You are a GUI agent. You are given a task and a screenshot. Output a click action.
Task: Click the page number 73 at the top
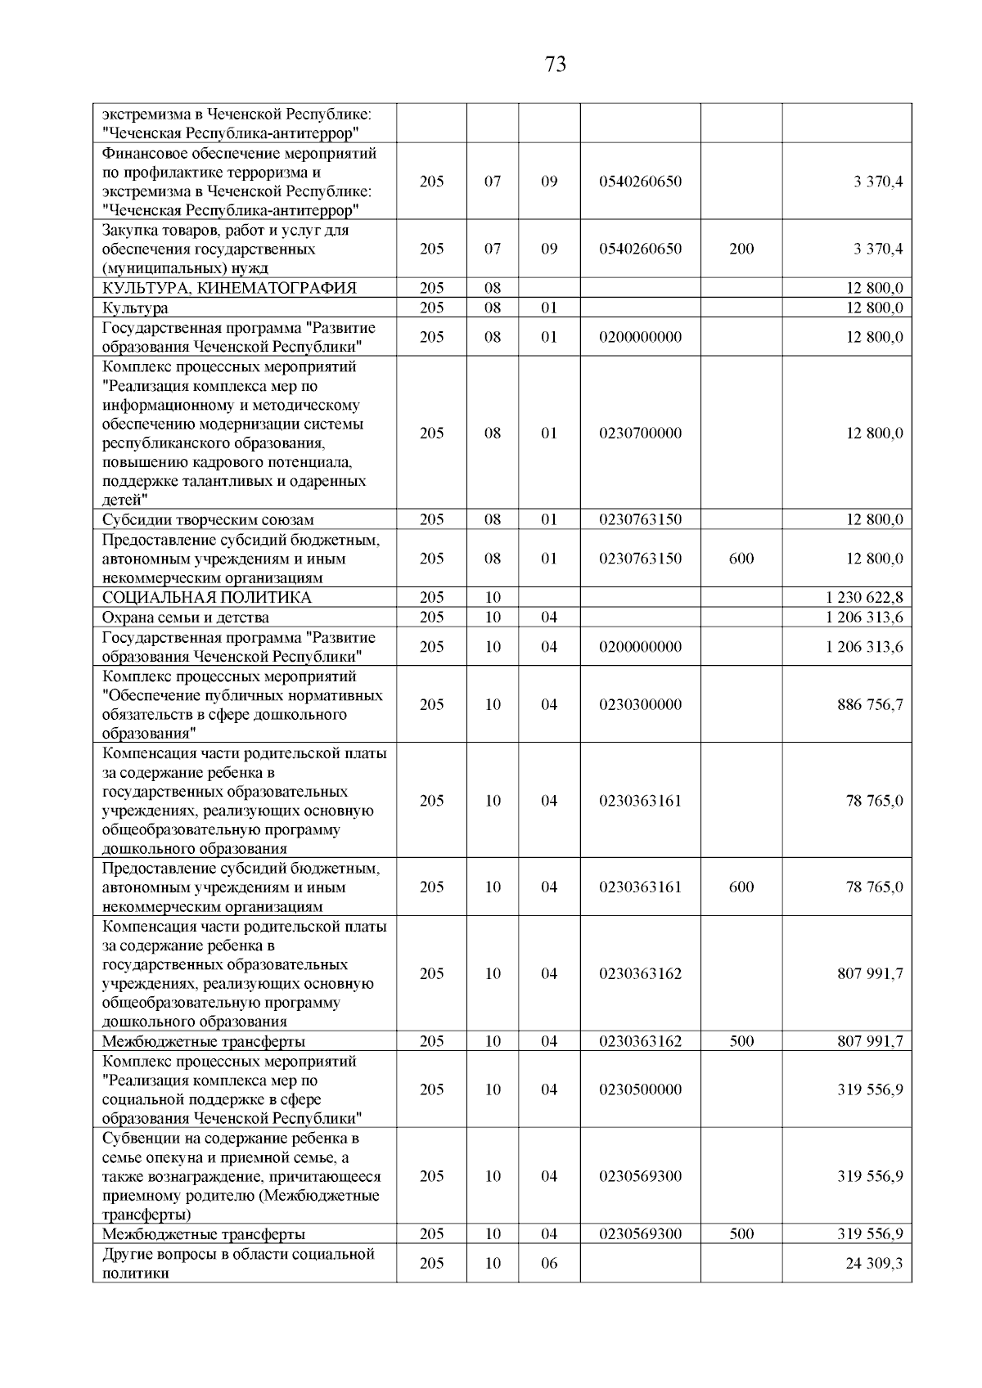pyautogui.click(x=555, y=65)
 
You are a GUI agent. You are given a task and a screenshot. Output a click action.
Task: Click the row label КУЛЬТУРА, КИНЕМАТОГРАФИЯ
pyautogui.click(x=229, y=288)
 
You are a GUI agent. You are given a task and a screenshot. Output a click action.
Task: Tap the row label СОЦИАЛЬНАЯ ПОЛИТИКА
pyautogui.click(x=206, y=598)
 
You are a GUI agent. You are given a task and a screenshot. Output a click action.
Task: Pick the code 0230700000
pyautogui.click(x=640, y=433)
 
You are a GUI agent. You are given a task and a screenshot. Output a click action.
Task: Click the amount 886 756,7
pyautogui.click(x=870, y=705)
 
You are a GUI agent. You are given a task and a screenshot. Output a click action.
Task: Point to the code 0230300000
pyautogui.click(x=640, y=705)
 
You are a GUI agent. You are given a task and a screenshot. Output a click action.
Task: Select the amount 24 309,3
pyautogui.click(x=874, y=1264)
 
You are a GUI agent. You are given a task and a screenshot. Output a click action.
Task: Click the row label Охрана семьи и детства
pyautogui.click(x=185, y=618)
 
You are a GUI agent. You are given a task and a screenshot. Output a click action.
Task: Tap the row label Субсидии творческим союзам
pyautogui.click(x=208, y=520)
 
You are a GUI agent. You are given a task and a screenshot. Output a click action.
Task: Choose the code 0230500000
pyautogui.click(x=640, y=1090)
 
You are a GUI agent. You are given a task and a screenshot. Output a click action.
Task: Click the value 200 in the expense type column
pyautogui.click(x=741, y=249)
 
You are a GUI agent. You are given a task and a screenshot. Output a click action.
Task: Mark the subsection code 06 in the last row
pyautogui.click(x=549, y=1264)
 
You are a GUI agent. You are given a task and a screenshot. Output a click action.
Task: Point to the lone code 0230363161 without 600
pyautogui.click(x=640, y=801)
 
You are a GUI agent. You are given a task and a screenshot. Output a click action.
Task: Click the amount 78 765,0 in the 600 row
pyautogui.click(x=874, y=887)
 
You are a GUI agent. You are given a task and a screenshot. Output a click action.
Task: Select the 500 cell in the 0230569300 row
pyautogui.click(x=741, y=1234)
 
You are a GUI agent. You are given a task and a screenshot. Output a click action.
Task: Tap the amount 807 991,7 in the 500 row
pyautogui.click(x=870, y=1042)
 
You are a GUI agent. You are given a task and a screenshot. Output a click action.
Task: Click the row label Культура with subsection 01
pyautogui.click(x=135, y=308)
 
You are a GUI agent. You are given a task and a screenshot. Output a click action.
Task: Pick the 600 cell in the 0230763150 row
pyautogui.click(x=741, y=559)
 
